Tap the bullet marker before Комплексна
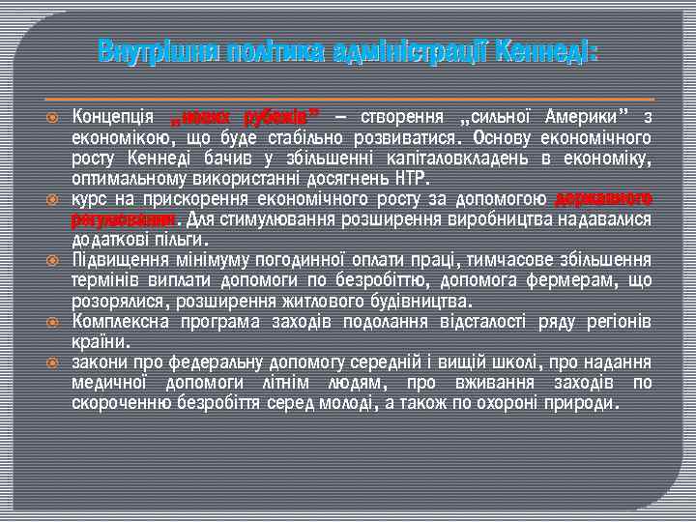pyautogui.click(x=54, y=320)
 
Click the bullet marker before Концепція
pyautogui.click(x=54, y=117)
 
